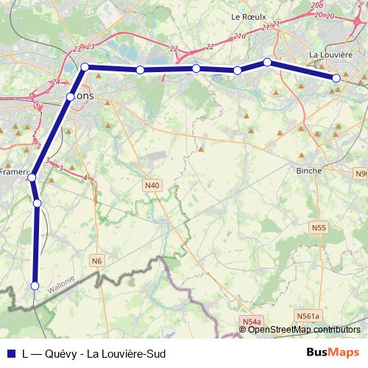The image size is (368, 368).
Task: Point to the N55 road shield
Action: click(x=319, y=228)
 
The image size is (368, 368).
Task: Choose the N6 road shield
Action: click(x=97, y=260)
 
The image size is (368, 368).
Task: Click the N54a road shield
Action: click(x=251, y=322)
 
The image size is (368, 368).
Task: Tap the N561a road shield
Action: click(x=308, y=316)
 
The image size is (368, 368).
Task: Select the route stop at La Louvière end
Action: click(x=336, y=78)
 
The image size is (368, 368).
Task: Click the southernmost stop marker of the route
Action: click(x=34, y=286)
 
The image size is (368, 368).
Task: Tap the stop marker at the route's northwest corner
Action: click(x=85, y=67)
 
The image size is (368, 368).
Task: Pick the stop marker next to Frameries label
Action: click(x=32, y=177)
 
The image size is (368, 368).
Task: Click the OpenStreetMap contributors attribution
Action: click(x=303, y=330)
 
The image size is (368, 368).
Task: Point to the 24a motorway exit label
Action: click(x=239, y=35)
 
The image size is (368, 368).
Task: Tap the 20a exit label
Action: click(x=317, y=5)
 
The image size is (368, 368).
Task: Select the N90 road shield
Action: click(x=361, y=174)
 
